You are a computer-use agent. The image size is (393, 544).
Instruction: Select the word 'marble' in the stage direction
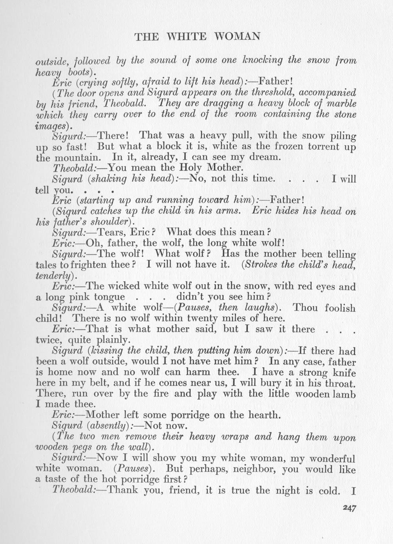click(341, 104)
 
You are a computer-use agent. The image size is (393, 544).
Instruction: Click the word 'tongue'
click(108, 297)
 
